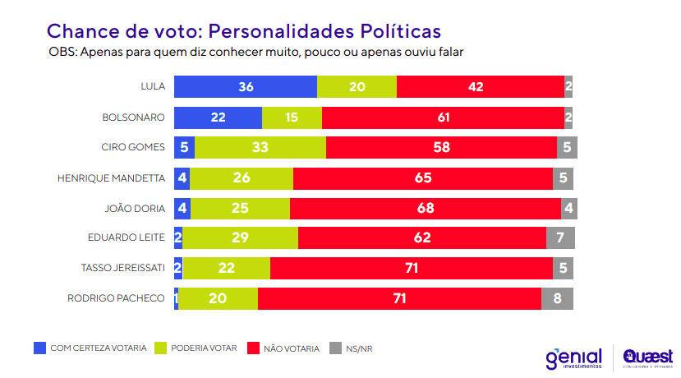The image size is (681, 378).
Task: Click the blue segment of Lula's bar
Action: pos(245,87)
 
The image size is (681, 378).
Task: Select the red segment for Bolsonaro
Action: pos(444,118)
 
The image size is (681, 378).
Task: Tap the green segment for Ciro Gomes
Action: pos(260,148)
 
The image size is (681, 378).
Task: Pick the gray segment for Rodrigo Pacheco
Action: pos(557,298)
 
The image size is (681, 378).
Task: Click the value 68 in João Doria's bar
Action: pos(426,208)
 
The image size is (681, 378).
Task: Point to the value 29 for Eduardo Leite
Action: pos(240,238)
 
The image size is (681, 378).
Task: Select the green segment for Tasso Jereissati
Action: pos(226,268)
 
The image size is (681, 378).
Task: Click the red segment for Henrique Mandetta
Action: pos(423,177)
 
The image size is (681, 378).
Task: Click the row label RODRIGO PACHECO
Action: pos(116,298)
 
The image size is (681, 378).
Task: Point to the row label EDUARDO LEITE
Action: pos(127,238)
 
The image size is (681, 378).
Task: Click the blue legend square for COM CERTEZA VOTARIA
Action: pos(39,348)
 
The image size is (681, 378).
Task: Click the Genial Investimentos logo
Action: pos(574,358)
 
